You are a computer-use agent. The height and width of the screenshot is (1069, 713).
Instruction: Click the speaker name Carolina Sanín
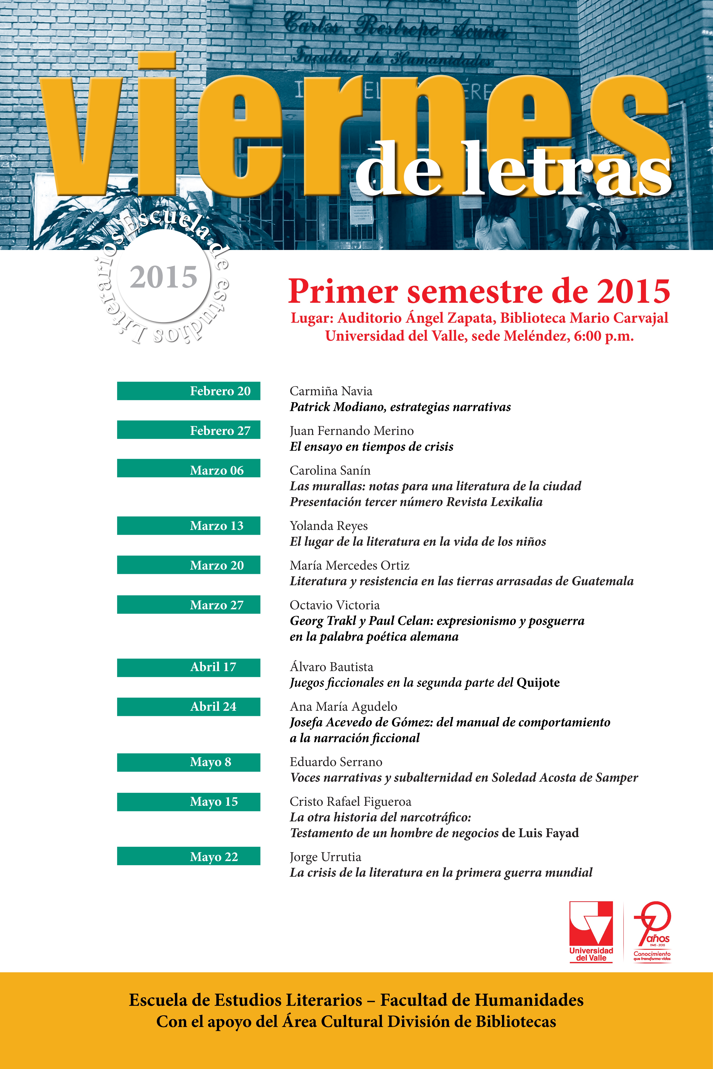330,470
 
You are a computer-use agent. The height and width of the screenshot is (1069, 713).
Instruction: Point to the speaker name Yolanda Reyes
329,526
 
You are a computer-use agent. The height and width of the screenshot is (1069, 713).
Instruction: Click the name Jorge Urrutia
326,857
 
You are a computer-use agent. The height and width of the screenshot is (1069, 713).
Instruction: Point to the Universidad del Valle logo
591,932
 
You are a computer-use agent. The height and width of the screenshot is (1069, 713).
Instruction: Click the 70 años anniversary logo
652,932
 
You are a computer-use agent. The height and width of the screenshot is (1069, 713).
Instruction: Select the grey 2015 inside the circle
164,277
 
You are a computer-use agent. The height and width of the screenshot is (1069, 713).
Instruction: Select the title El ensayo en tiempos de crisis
372,447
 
